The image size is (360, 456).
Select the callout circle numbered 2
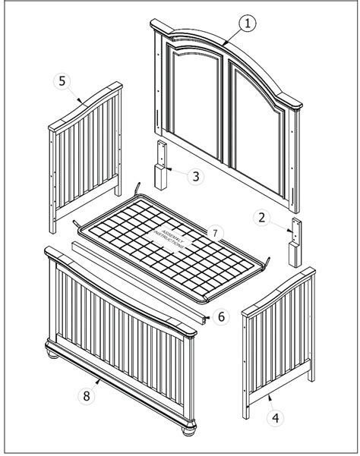point(261,219)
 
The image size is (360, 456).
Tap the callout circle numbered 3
point(196,176)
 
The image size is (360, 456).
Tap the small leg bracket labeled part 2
point(294,242)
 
